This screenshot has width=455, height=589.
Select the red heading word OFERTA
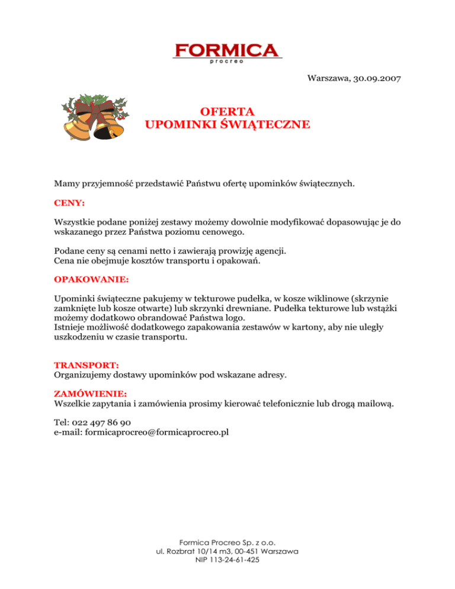227,111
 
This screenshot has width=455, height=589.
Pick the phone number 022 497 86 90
101,422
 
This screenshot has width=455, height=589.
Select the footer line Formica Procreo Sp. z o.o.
227,542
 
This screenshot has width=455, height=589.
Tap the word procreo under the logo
227,60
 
